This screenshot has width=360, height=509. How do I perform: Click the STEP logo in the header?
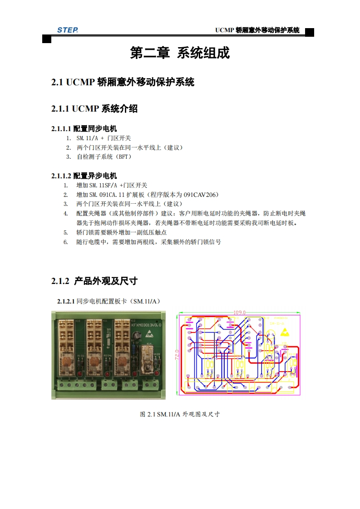pos(68,30)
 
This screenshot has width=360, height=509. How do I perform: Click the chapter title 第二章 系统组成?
pos(180,53)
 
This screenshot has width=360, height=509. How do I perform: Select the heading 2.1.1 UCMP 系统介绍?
pos(94,109)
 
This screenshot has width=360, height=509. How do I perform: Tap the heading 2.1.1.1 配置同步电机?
pos(84,128)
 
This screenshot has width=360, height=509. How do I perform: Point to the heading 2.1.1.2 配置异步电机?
pos(84,176)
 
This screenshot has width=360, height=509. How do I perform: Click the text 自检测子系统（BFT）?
pos(104,157)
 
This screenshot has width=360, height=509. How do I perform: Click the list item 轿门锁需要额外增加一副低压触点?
pos(121,232)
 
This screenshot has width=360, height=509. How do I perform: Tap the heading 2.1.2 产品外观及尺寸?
pos(94,281)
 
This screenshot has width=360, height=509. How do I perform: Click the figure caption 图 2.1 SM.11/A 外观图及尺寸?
pos(180,414)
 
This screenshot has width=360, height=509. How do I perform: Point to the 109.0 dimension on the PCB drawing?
pos(239,312)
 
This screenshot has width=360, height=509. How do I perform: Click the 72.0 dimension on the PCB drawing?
pos(177,354)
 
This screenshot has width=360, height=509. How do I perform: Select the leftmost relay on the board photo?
pos(68,347)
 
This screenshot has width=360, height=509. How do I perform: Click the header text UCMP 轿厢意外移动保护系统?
pos(257,30)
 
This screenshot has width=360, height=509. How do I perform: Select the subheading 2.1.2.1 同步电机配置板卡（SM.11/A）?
pos(108,301)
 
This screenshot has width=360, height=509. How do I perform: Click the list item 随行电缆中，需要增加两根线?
pos(148,242)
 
